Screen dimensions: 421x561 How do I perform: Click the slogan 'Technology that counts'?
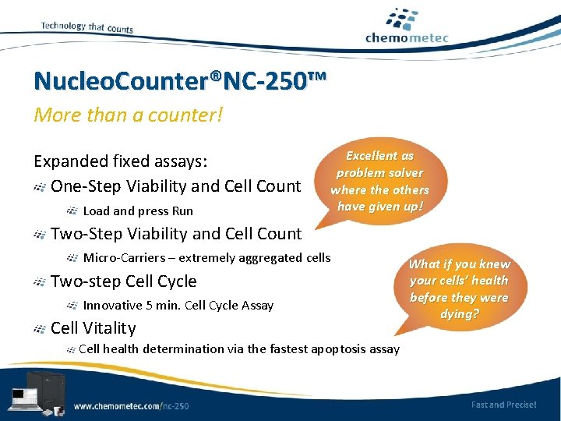86,27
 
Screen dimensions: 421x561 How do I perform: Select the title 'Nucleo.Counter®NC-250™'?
181,80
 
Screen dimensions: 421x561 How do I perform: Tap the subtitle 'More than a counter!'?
128,115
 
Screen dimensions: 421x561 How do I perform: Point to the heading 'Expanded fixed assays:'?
120,161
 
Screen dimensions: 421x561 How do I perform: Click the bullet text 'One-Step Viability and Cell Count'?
175,186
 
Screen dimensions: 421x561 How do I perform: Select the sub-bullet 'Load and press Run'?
138,210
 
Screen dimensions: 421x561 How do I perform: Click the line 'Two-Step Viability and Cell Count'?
175,233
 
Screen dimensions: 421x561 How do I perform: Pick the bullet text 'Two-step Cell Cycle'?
123,281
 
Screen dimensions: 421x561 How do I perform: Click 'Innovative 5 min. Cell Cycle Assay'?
178,305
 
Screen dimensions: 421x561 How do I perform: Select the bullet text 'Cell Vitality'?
93,328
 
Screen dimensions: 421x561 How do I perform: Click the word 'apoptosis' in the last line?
341,348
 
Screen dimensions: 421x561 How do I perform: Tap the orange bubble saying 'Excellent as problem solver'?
379,181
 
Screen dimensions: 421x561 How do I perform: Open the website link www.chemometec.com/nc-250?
131,405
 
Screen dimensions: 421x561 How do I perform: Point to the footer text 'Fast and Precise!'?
503,405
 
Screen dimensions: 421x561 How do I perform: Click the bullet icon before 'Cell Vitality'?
40,329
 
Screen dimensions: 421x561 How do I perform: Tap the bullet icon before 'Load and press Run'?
72,210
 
